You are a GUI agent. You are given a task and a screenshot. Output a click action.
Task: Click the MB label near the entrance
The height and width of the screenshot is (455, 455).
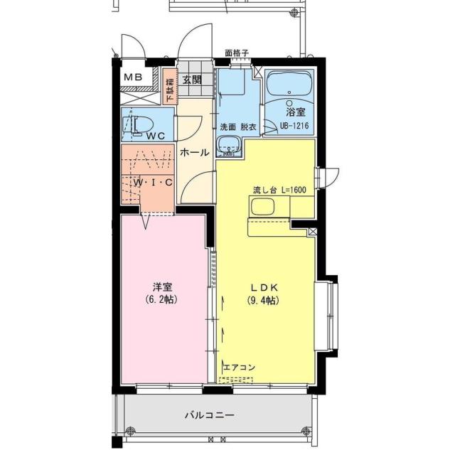tap(134, 77)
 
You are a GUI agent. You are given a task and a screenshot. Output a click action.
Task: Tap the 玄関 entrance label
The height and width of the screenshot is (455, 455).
tap(191, 80)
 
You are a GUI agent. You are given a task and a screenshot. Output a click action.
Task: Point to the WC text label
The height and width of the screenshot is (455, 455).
tap(156, 135)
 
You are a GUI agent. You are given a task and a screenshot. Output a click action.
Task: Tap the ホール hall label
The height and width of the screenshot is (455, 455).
tap(193, 152)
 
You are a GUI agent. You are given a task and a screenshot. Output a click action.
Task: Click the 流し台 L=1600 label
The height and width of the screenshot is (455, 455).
tap(279, 191)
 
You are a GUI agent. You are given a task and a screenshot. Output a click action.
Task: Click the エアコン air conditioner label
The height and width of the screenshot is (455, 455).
tap(239, 367)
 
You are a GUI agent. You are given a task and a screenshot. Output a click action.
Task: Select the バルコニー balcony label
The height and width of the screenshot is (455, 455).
tap(210, 414)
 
